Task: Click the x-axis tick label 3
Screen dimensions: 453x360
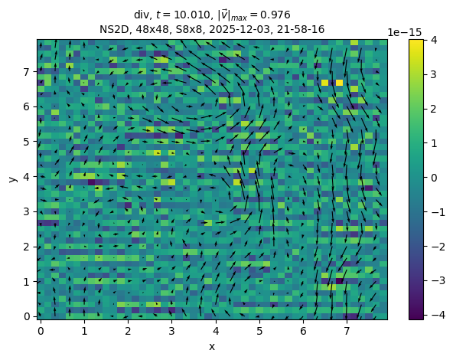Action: coord(171,331)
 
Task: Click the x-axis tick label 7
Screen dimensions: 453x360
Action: coord(347,331)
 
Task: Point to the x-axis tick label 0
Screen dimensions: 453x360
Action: coord(41,331)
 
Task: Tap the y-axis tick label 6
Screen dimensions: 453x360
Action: coord(27,106)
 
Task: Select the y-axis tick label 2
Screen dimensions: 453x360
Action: coord(27,247)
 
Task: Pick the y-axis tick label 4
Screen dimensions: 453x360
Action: coord(27,177)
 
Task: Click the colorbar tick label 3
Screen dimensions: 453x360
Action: coord(433,74)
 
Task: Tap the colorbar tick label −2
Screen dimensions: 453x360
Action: coord(438,247)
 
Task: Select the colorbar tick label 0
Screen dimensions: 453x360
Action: coord(433,178)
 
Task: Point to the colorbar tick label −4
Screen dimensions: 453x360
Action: coord(438,315)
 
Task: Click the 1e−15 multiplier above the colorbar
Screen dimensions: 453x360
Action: coord(405,32)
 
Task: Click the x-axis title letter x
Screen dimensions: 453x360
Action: coord(212,346)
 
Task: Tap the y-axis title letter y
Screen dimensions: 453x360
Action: coord(13,179)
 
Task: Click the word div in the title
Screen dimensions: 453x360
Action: coord(142,15)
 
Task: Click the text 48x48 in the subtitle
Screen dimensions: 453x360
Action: coord(152,29)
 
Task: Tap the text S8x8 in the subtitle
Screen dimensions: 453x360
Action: coord(189,29)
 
